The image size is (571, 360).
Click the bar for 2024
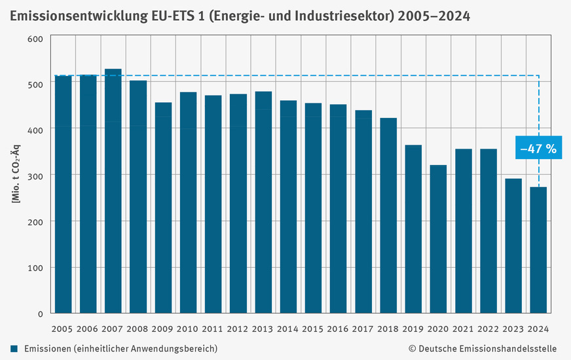(x=538, y=249)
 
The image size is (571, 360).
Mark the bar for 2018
(x=388, y=215)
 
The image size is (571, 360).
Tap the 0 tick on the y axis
(x=40, y=313)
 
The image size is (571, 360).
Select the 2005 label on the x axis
(x=63, y=328)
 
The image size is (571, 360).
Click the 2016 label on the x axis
(x=338, y=328)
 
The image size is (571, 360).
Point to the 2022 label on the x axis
(x=488, y=328)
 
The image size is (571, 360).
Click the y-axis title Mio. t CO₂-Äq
(x=15, y=175)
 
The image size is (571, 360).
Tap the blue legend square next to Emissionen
(x=14, y=348)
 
